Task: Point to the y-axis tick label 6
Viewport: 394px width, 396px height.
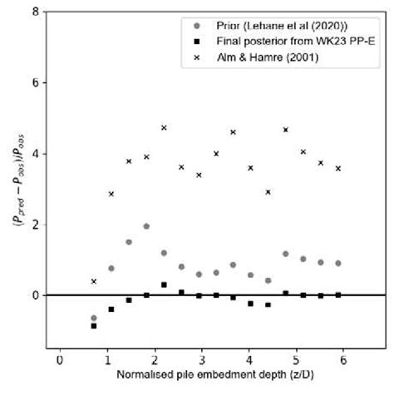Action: pyautogui.click(x=35, y=83)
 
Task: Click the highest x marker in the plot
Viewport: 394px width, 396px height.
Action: pyautogui.click(x=164, y=127)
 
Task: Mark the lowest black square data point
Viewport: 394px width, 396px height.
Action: pyautogui.click(x=94, y=326)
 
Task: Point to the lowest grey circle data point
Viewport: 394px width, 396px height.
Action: pyautogui.click(x=94, y=318)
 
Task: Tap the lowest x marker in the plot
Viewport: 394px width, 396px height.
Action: pyautogui.click(x=94, y=281)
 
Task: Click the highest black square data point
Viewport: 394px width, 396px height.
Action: pyautogui.click(x=164, y=285)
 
